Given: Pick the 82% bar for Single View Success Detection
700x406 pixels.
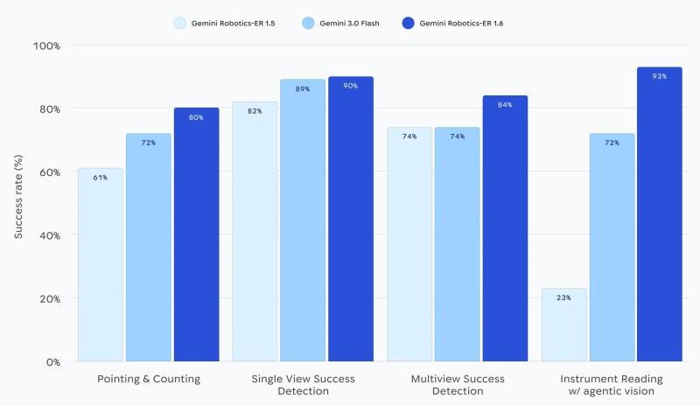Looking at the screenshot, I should pyautogui.click(x=255, y=232).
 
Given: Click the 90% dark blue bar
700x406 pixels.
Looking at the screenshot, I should pyautogui.click(x=350, y=219).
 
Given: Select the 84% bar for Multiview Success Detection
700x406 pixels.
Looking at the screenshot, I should pyautogui.click(x=505, y=228).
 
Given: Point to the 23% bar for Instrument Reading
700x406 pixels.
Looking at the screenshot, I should pyautogui.click(x=563, y=325).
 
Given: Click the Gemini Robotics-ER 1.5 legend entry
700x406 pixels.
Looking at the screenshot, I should pyautogui.click(x=223, y=23).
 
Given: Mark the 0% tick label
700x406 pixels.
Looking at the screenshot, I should pyautogui.click(x=52, y=361).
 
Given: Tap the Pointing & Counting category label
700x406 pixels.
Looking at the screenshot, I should pyautogui.click(x=148, y=379).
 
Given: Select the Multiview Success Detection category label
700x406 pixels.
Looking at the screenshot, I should pyautogui.click(x=458, y=385).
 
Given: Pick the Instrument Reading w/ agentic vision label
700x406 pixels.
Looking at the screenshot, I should pyautogui.click(x=612, y=385).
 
